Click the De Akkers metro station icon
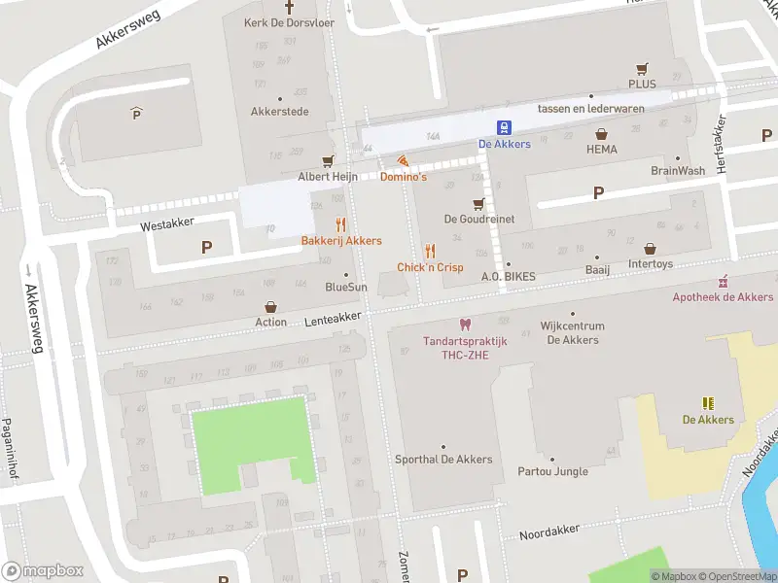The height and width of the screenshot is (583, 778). tap(504, 127)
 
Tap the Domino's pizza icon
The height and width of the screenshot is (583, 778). tap(402, 160)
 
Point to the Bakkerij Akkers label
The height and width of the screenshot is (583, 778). tap(340, 240)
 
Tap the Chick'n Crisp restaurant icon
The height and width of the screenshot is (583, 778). tap(430, 251)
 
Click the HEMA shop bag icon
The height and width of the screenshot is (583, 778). tap(601, 134)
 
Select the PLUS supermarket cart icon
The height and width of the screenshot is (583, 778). tap(641, 68)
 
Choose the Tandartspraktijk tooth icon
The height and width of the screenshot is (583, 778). tap(463, 325)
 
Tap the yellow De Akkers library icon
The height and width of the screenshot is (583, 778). tap(708, 402)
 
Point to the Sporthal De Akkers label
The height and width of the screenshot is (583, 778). tap(443, 460)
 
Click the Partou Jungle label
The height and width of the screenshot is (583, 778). tap(552, 471)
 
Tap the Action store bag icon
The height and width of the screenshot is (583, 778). tap(270, 306)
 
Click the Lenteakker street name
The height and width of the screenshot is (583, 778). tap(333, 318)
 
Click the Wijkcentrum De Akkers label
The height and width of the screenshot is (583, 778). tap(573, 333)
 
